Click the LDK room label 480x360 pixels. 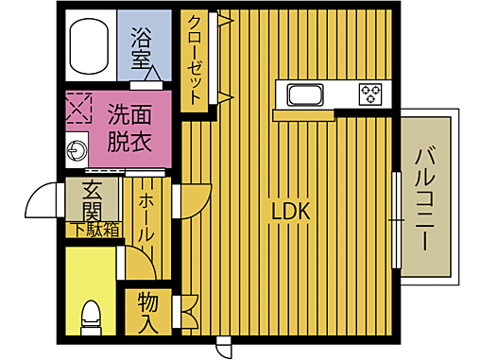[x=290, y=212]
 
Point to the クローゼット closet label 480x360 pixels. [x=194, y=60]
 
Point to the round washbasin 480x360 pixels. [x=75, y=148]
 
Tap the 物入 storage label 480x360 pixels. [x=147, y=313]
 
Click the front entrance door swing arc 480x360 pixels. [x=43, y=199]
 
